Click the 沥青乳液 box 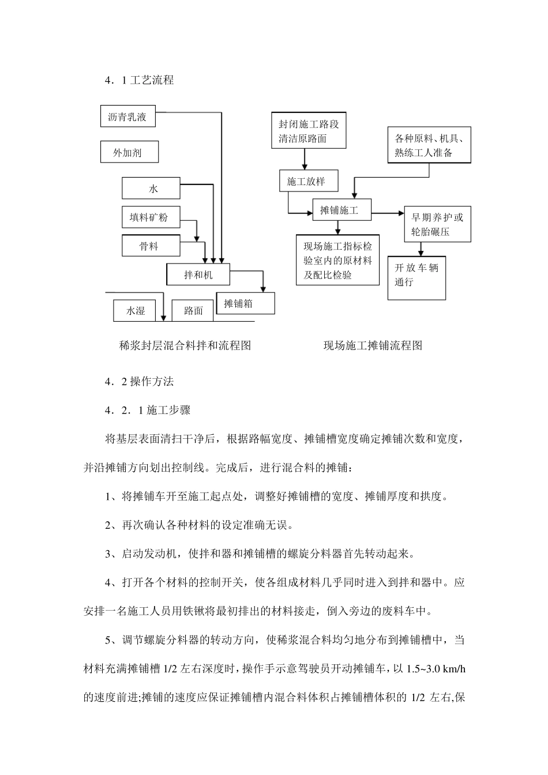(127, 117)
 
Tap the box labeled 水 (151, 189)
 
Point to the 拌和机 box (198, 274)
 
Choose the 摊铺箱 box (245, 303)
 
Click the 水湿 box (136, 311)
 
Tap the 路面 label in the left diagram (194, 311)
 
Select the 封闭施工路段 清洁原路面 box (309, 131)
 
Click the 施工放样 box (306, 182)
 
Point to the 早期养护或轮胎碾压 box (437, 224)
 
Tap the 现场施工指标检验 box (337, 260)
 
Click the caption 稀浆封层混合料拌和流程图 (185, 345)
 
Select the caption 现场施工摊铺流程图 (373, 345)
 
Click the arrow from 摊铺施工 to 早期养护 (388, 214)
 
